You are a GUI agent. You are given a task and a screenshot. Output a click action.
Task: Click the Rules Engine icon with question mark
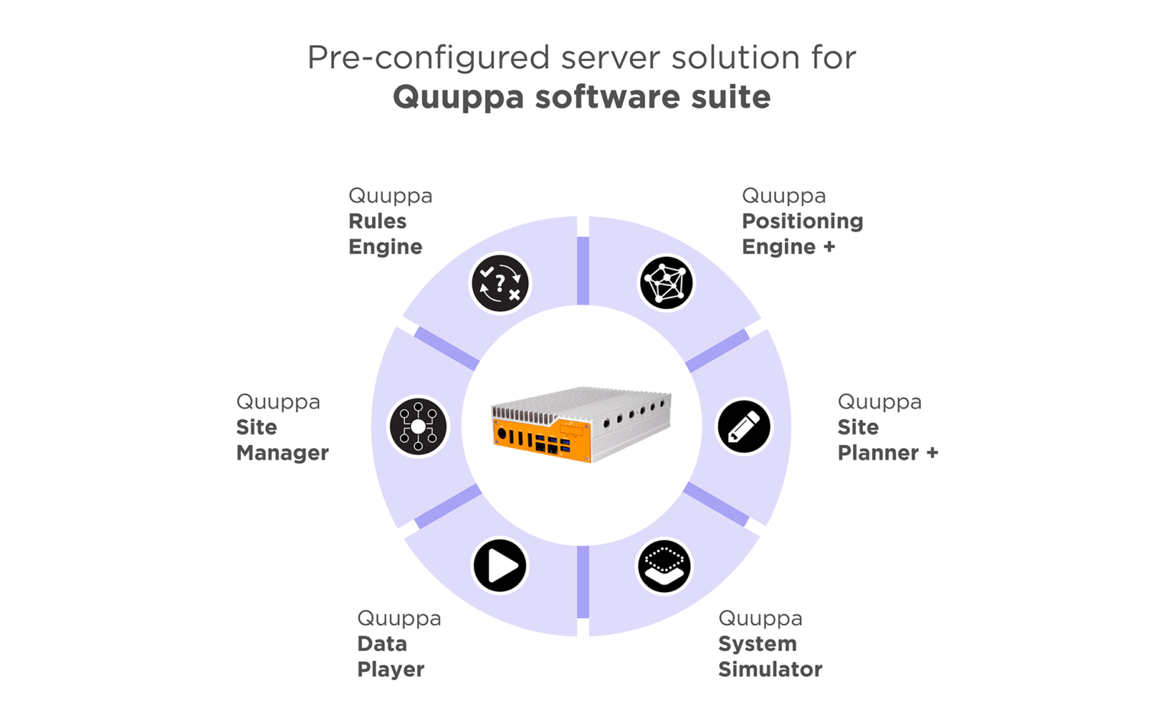(x=500, y=283)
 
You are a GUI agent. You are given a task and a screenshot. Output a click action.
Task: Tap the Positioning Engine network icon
(x=666, y=283)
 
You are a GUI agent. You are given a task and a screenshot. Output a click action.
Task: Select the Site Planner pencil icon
(x=744, y=427)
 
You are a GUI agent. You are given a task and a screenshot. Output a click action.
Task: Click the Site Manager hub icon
(x=418, y=427)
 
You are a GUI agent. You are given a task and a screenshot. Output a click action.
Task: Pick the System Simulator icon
(x=664, y=566)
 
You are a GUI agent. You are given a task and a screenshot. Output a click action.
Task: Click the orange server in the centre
(x=581, y=425)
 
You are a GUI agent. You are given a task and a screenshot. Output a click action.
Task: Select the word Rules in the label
(x=378, y=221)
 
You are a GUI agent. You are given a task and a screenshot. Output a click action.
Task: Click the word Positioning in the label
(x=803, y=221)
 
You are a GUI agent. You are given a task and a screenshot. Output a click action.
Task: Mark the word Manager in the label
(x=282, y=453)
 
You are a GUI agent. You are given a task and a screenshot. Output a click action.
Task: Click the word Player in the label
(x=391, y=669)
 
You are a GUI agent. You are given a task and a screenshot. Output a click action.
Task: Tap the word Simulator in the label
(x=770, y=669)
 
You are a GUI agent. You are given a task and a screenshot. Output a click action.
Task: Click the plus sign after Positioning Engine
(x=829, y=247)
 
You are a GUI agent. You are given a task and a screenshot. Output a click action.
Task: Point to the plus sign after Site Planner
(x=932, y=453)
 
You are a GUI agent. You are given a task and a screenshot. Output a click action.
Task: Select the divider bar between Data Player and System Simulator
(x=583, y=581)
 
